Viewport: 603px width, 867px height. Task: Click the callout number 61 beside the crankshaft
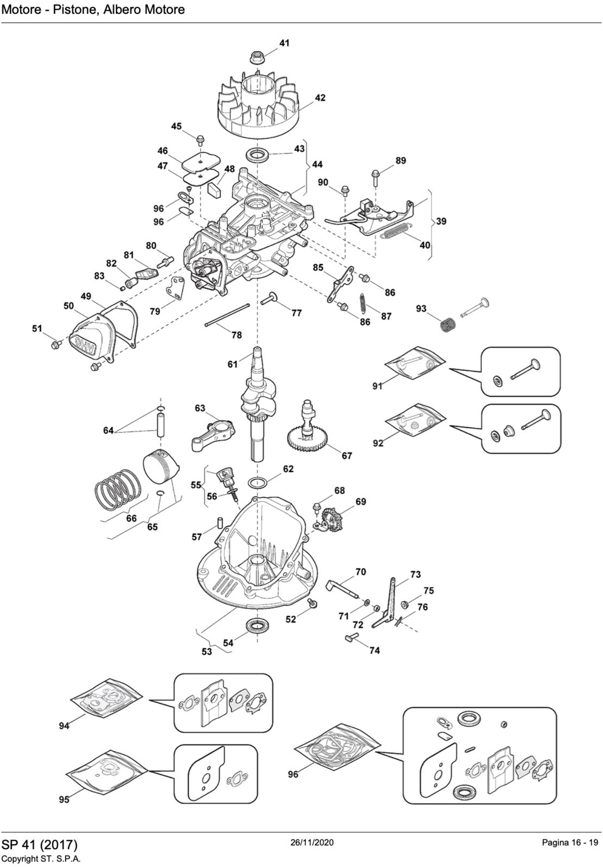(232, 364)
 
